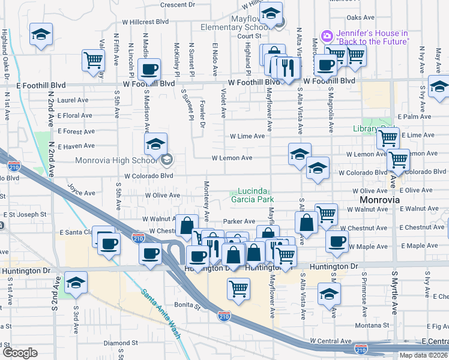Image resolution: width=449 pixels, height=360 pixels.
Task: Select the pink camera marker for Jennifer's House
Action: click(x=327, y=36)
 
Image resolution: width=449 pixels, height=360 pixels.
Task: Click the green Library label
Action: click(x=365, y=128)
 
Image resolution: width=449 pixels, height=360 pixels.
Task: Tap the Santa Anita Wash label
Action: click(x=161, y=313)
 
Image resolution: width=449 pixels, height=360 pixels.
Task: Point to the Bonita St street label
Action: click(x=187, y=306)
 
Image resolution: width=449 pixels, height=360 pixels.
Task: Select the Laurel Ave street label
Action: click(x=73, y=100)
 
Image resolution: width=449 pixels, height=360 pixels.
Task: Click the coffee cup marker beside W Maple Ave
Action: click(x=337, y=241)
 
